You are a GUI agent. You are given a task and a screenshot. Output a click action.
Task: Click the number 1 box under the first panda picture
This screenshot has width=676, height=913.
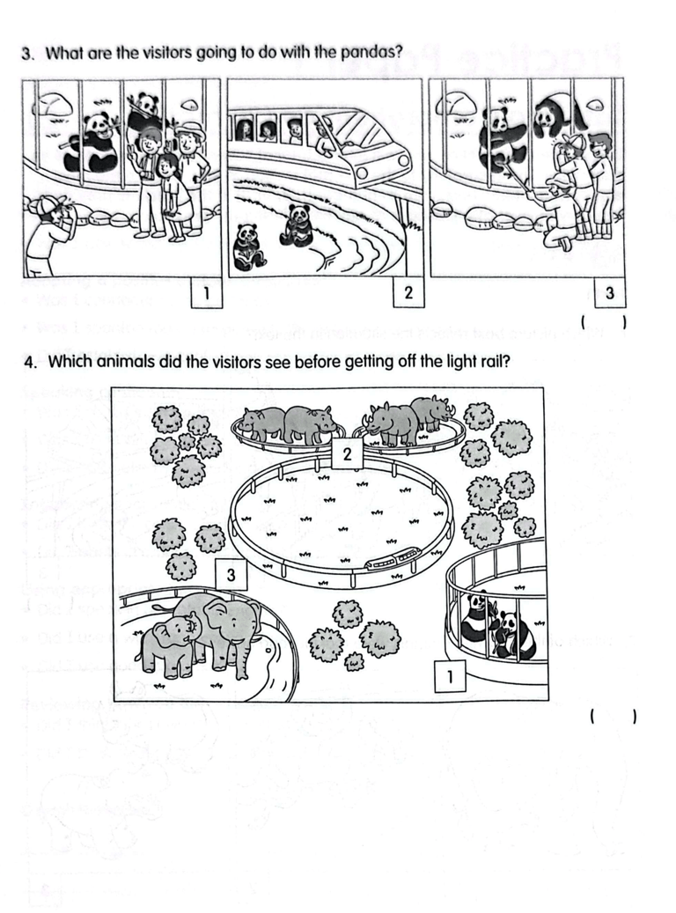tap(205, 291)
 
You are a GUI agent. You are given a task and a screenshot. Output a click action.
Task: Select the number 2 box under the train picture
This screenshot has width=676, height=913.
tap(408, 291)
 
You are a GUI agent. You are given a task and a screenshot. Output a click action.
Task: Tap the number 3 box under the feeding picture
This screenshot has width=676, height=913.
tap(609, 291)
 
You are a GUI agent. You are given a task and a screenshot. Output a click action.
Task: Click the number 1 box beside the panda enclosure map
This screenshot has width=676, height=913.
tap(450, 677)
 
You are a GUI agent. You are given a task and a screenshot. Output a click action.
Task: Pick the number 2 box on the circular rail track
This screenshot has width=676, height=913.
tap(348, 454)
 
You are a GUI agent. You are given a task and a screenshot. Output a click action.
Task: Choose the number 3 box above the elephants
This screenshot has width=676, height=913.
tap(231, 575)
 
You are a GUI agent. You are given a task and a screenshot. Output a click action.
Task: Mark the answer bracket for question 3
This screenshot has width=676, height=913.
tap(603, 325)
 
